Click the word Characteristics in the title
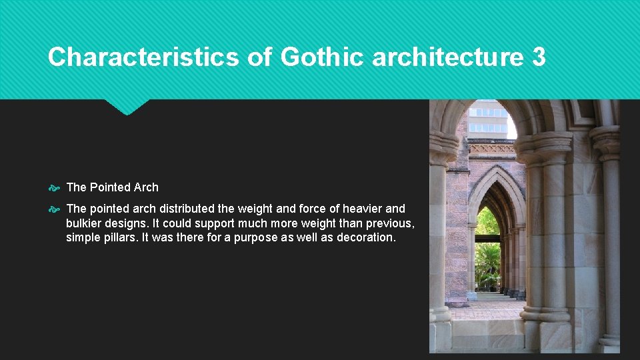(x=143, y=57)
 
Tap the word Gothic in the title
(x=323, y=57)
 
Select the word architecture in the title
(x=448, y=57)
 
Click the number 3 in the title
(x=539, y=57)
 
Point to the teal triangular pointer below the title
(x=127, y=107)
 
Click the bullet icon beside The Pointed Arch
(x=55, y=188)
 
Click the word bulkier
(x=85, y=223)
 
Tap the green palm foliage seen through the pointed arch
(x=487, y=260)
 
